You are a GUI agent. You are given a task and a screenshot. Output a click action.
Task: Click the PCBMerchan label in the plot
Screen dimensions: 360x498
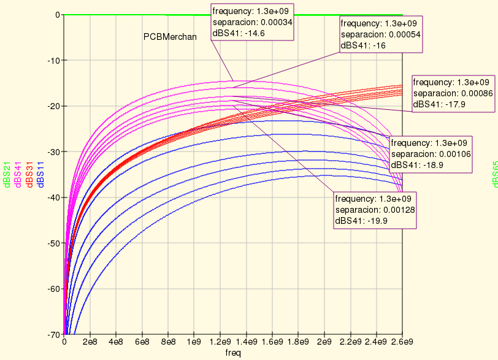(170, 37)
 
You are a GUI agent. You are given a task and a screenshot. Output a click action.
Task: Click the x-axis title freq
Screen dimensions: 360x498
(233, 353)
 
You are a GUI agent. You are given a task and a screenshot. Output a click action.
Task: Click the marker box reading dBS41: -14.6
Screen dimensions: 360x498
(253, 23)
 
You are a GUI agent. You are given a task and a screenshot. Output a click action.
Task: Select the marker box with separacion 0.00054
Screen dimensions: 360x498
(381, 34)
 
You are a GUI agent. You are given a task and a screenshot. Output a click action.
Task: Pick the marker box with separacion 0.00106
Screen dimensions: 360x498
(431, 153)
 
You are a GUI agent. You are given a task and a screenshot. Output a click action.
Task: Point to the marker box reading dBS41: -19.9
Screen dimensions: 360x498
(375, 210)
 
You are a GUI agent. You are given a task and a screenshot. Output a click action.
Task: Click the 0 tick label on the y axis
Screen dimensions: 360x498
(56, 15)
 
